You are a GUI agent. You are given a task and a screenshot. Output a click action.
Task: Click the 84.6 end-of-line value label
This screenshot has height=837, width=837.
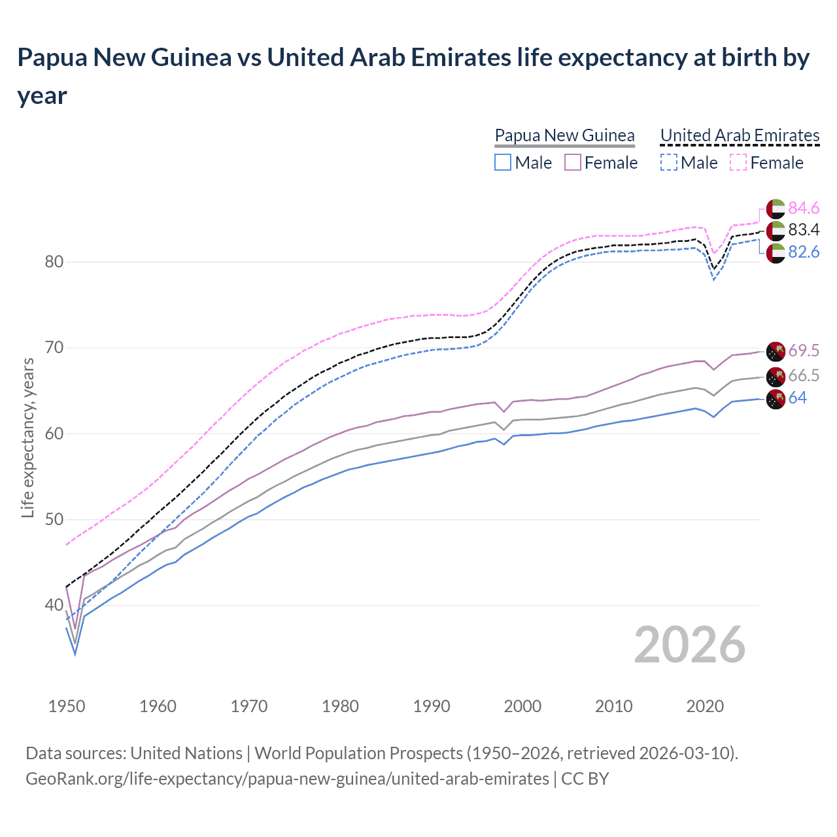(804, 208)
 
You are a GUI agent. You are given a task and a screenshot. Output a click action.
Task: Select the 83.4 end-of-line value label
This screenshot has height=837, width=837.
(804, 230)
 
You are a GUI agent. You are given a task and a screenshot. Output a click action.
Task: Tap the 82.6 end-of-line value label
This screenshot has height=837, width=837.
(804, 252)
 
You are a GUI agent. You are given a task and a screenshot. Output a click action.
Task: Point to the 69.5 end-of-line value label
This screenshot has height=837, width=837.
(804, 350)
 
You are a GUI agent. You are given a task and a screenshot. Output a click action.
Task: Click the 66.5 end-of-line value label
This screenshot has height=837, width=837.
(804, 375)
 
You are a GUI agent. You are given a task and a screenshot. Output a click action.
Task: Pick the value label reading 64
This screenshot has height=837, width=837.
(797, 398)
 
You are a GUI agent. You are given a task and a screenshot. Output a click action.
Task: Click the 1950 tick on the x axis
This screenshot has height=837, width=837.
(67, 706)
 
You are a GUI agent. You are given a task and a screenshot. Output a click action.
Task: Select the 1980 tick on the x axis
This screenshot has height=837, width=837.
(340, 706)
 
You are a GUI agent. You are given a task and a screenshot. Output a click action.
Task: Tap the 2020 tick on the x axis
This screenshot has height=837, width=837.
(705, 706)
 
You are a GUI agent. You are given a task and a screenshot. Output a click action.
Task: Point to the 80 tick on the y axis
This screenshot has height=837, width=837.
(54, 262)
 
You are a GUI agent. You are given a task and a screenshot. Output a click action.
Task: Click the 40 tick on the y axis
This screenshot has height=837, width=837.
(54, 606)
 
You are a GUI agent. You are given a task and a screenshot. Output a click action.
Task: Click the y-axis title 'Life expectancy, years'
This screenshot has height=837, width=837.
(27, 437)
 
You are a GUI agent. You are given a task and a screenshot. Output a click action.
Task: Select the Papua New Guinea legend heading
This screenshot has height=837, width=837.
(564, 135)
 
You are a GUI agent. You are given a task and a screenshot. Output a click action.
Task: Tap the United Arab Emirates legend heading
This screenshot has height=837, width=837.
(740, 135)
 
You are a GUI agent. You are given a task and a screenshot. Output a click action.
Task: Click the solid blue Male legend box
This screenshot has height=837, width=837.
(503, 162)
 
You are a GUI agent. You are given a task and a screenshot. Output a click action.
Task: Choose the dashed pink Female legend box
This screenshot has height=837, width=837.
(738, 162)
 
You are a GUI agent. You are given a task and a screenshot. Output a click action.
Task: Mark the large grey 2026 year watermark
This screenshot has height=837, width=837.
(689, 645)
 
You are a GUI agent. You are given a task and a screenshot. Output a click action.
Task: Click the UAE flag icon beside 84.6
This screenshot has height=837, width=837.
(776, 208)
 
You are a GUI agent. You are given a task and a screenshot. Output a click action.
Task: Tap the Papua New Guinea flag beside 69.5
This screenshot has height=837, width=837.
(776, 351)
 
